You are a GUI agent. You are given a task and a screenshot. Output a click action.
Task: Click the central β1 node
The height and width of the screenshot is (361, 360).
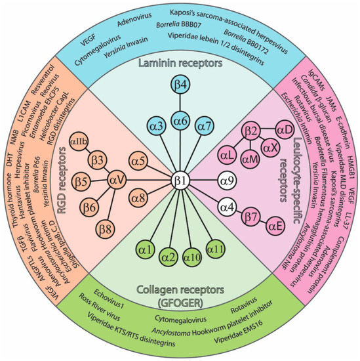[179, 179]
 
